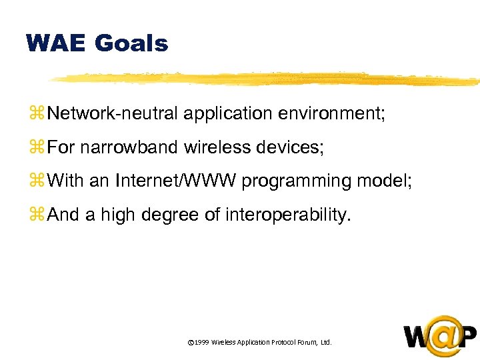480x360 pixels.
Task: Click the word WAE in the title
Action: (55, 44)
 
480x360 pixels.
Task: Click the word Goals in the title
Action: (131, 44)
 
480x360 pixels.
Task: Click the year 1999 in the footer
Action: (202, 342)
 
